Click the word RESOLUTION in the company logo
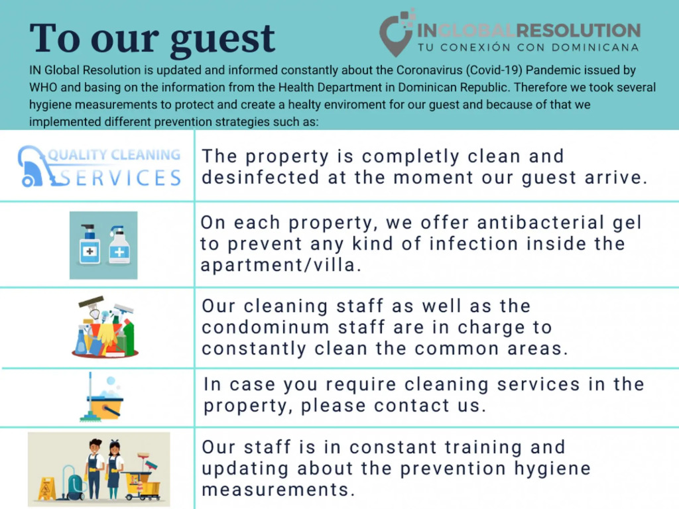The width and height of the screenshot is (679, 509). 578,30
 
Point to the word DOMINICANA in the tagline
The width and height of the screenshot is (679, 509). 595,47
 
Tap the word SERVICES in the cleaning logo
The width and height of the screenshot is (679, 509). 120,178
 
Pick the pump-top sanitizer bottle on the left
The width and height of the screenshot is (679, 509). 90,245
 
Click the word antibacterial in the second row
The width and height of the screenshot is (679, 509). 540,223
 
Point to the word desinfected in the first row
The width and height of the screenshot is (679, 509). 260,178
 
